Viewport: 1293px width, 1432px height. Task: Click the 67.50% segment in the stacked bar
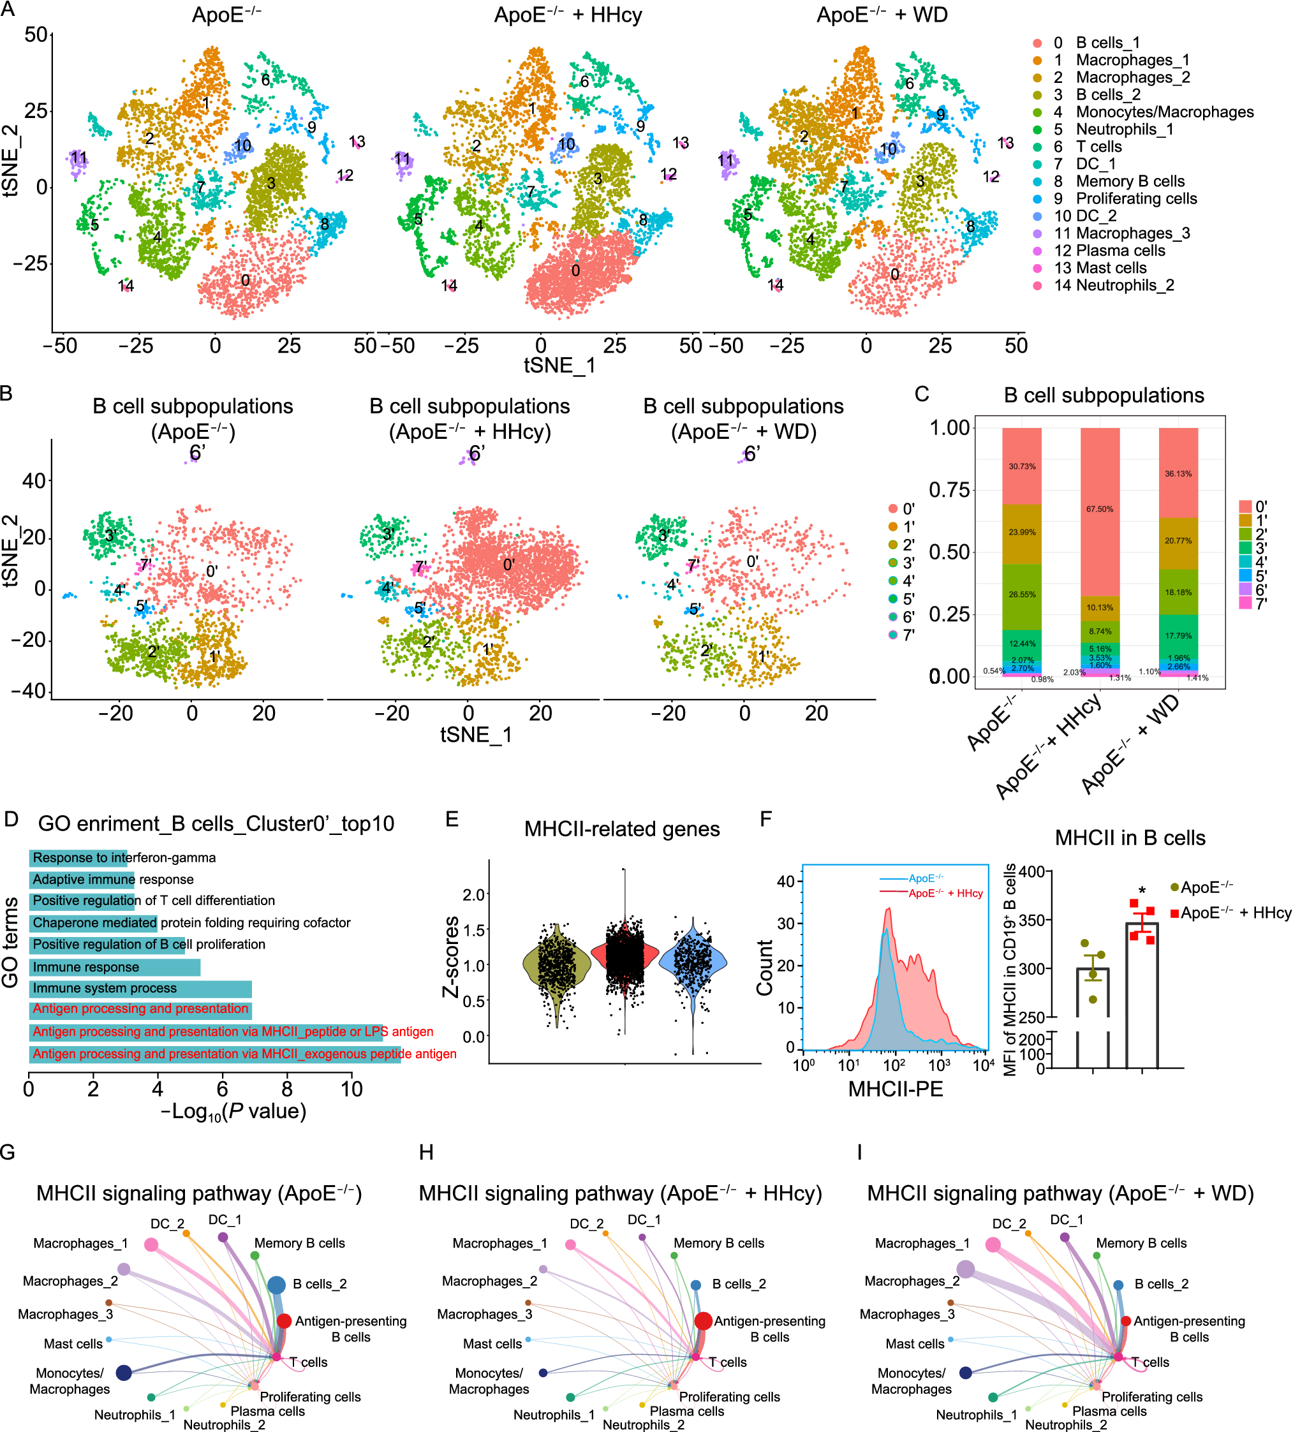click(x=1099, y=509)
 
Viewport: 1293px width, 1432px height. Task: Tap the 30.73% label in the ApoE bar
click(x=1022, y=467)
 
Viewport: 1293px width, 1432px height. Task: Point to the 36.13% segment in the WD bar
click(x=1178, y=474)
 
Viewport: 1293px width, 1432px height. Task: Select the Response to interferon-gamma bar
click(x=78, y=857)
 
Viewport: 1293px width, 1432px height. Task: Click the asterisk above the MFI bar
click(x=1142, y=890)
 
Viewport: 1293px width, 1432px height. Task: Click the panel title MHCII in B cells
click(x=1130, y=838)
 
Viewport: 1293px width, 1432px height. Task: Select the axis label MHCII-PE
click(x=895, y=1089)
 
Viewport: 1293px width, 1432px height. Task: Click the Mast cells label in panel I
click(x=914, y=1344)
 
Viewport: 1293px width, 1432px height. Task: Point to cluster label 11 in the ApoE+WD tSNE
click(x=725, y=161)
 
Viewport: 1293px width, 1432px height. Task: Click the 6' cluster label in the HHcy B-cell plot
click(x=477, y=453)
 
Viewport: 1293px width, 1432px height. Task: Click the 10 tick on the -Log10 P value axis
click(x=351, y=1089)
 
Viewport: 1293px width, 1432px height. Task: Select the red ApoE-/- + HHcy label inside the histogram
click(x=945, y=894)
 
